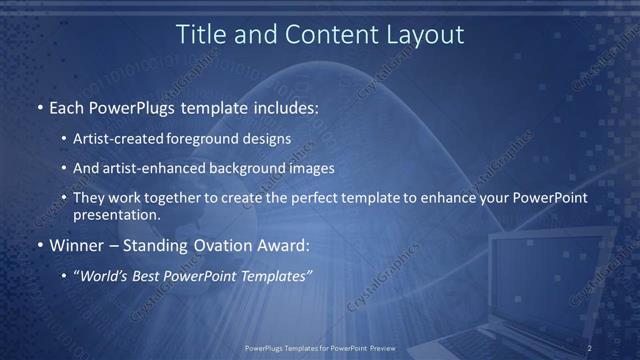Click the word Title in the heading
[x=200, y=34]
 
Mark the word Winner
[x=76, y=245]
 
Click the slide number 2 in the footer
[x=589, y=348]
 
